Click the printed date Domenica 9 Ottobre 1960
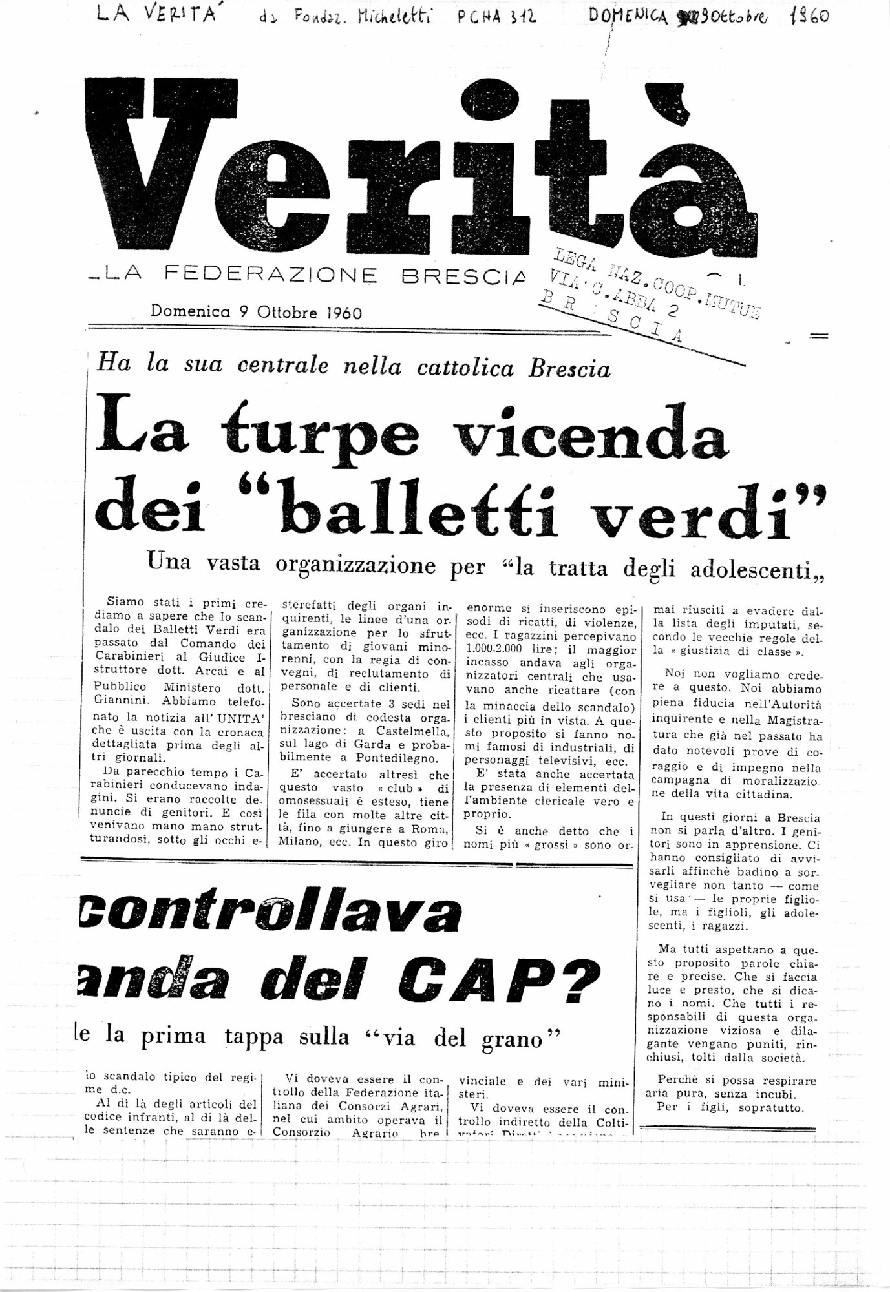click(256, 312)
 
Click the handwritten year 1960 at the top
click(809, 16)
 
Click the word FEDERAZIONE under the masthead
click(271, 275)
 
